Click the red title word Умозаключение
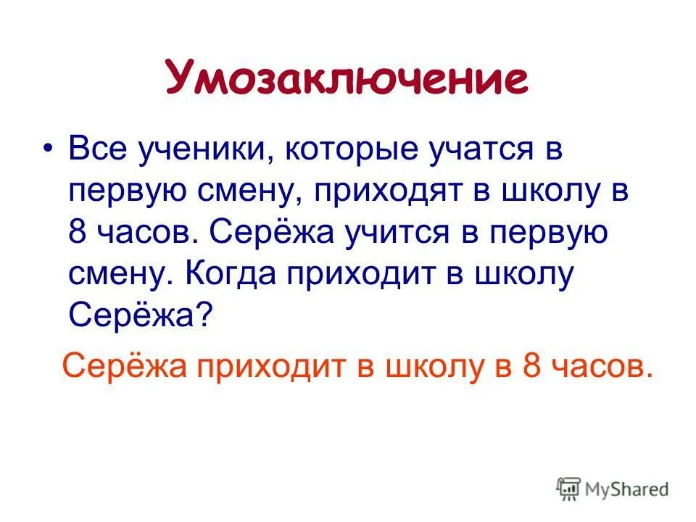(x=347, y=79)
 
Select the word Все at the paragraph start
(x=98, y=150)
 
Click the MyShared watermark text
(x=627, y=489)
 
